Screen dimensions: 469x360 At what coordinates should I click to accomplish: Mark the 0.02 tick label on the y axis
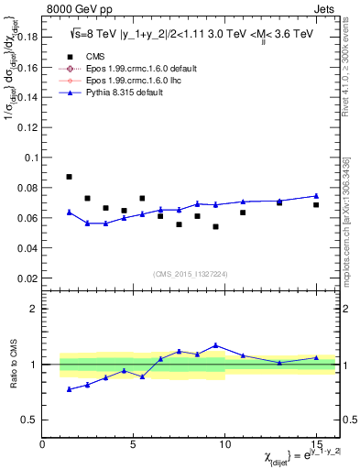click(x=29, y=278)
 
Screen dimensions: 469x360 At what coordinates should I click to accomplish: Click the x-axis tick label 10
click(x=225, y=446)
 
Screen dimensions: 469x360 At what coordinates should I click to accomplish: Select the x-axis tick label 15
click(x=316, y=446)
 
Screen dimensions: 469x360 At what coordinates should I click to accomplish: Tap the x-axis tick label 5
click(x=134, y=446)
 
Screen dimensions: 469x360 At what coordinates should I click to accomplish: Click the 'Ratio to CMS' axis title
click(x=15, y=364)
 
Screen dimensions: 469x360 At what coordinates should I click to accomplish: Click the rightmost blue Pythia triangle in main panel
click(x=316, y=196)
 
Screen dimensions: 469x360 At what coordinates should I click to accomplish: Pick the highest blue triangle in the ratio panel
click(x=215, y=345)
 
